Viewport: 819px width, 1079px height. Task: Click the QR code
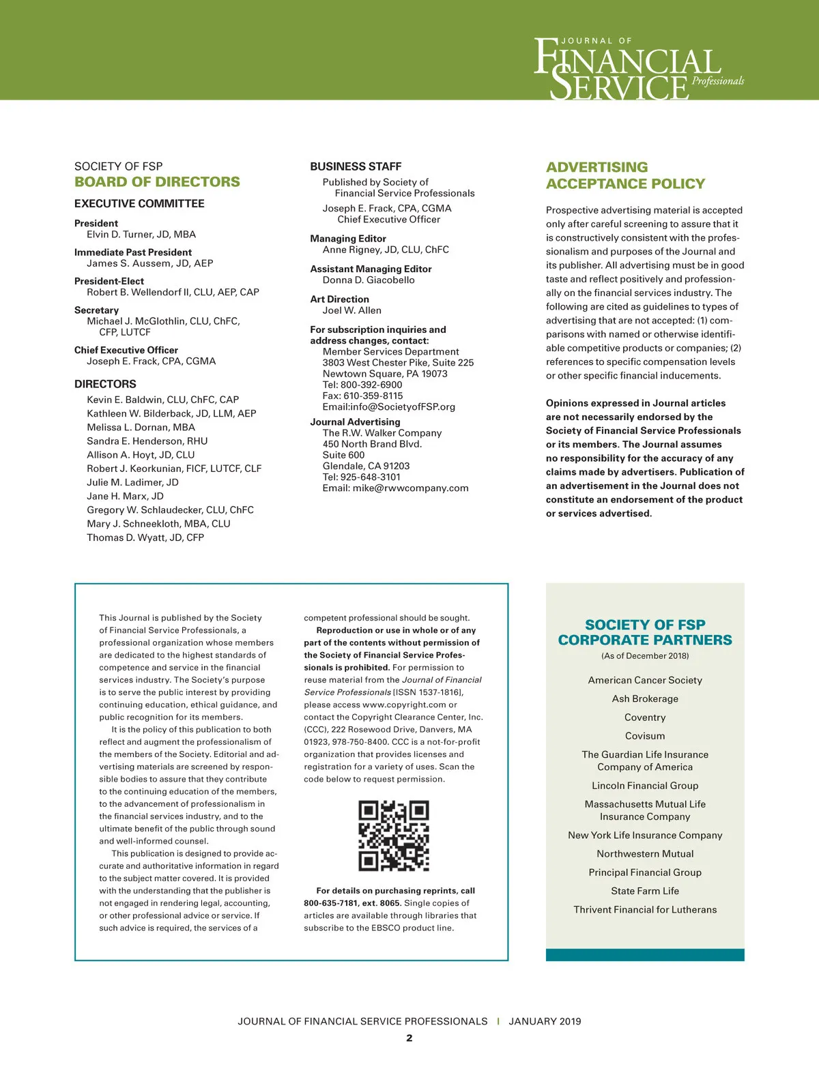[x=394, y=836]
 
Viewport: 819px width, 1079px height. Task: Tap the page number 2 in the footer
[x=409, y=1038]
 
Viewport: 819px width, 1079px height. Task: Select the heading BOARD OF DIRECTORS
[x=157, y=182]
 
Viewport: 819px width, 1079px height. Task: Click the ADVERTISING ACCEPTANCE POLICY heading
[x=625, y=175]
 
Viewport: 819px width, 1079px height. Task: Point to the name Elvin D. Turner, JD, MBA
[x=141, y=235]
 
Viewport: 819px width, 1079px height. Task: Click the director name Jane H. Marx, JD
[x=125, y=497]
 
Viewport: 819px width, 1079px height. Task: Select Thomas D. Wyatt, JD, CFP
[x=145, y=537]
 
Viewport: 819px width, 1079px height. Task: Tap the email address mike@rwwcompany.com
[x=410, y=488]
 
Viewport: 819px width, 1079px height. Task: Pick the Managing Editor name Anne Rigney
[x=386, y=250]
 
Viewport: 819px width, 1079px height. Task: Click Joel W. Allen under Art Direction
[x=351, y=310]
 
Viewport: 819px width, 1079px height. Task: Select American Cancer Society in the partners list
[x=645, y=680]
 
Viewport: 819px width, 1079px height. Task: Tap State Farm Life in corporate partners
[x=645, y=891]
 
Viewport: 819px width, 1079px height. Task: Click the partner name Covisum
[x=645, y=736]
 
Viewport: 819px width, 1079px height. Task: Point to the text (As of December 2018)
[x=645, y=656]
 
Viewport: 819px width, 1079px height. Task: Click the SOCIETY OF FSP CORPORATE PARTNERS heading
[x=645, y=632]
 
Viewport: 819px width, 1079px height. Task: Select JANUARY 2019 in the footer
[x=545, y=1021]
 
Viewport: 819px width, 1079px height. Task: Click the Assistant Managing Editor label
[x=371, y=269]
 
